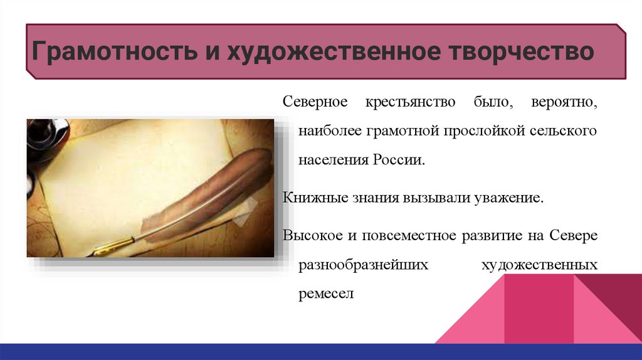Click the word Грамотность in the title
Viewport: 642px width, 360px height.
tap(114, 51)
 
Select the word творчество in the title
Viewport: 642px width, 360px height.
tap(521, 51)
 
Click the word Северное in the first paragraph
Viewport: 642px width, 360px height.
tap(315, 102)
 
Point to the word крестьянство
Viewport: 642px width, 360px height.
tap(410, 102)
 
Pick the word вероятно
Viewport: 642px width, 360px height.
tap(564, 102)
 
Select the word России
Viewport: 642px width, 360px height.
tap(399, 159)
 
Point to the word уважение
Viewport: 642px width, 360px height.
tap(508, 198)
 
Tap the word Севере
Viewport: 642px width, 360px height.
tap(573, 235)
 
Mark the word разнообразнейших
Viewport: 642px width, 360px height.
tap(363, 265)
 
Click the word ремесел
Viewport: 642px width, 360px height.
tap(326, 294)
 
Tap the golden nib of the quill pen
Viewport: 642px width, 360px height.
tap(112, 245)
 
